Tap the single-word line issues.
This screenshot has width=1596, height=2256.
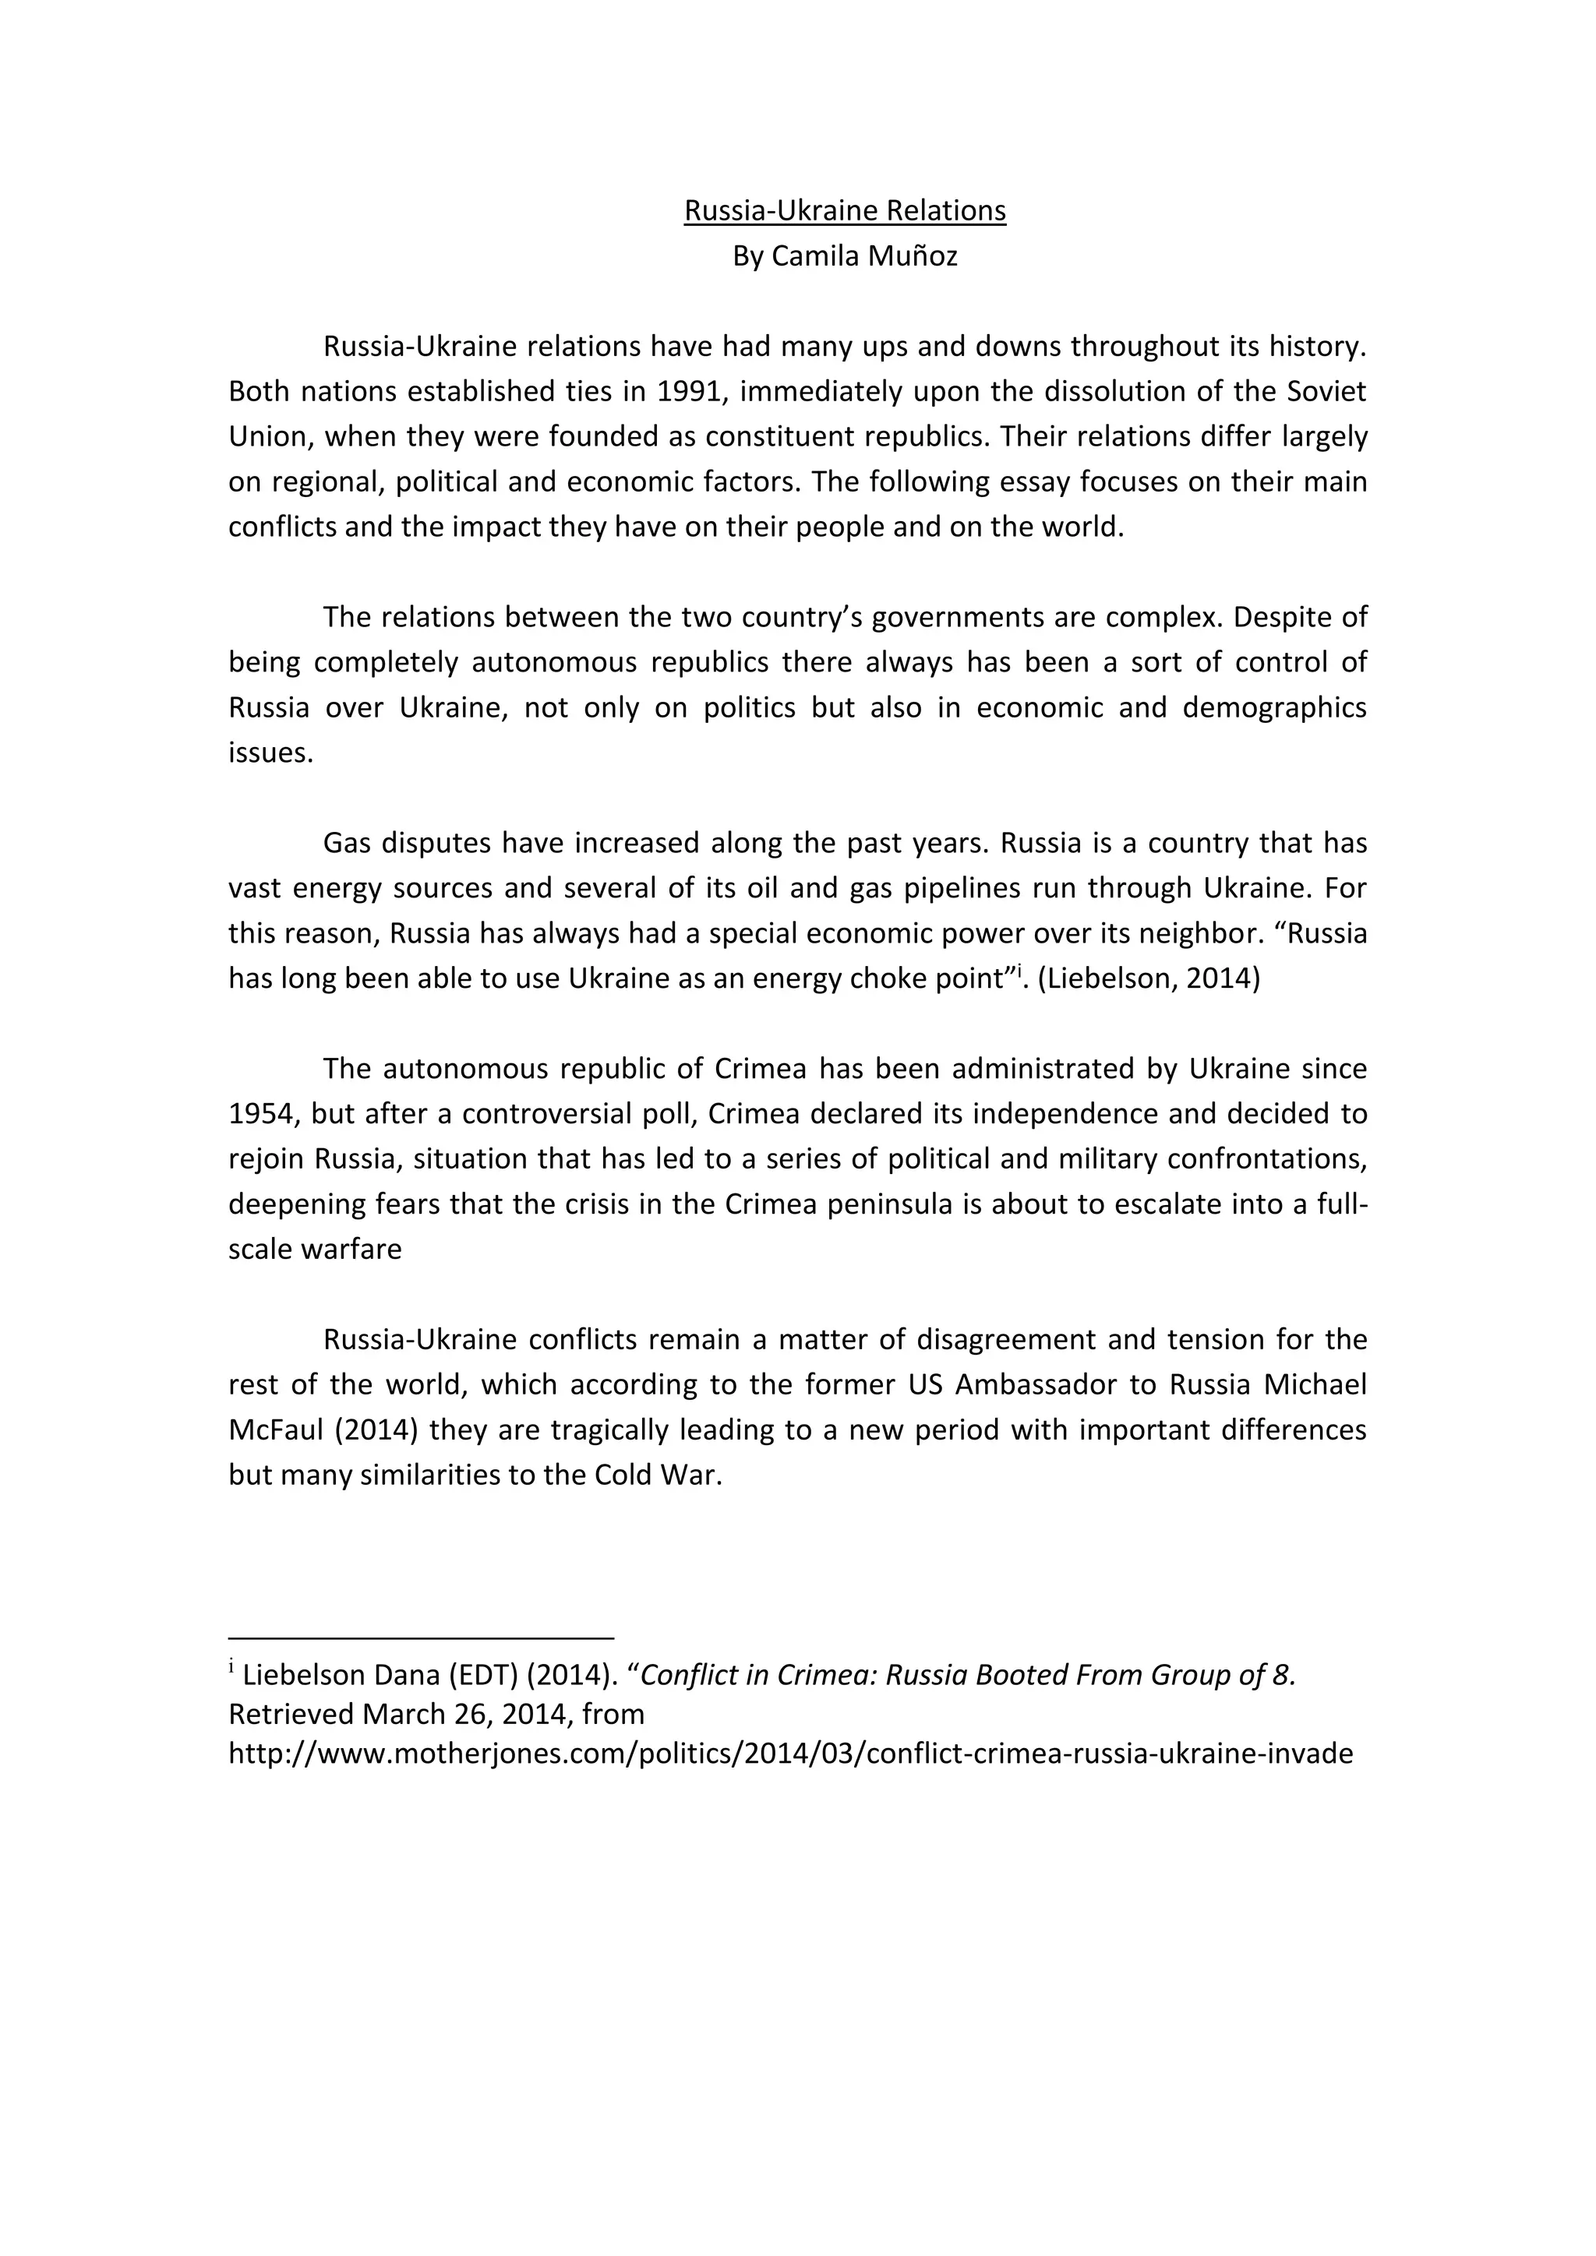point(270,753)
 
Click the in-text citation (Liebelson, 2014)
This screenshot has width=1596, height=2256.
point(1148,978)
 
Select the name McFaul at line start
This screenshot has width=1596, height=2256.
point(275,1430)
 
